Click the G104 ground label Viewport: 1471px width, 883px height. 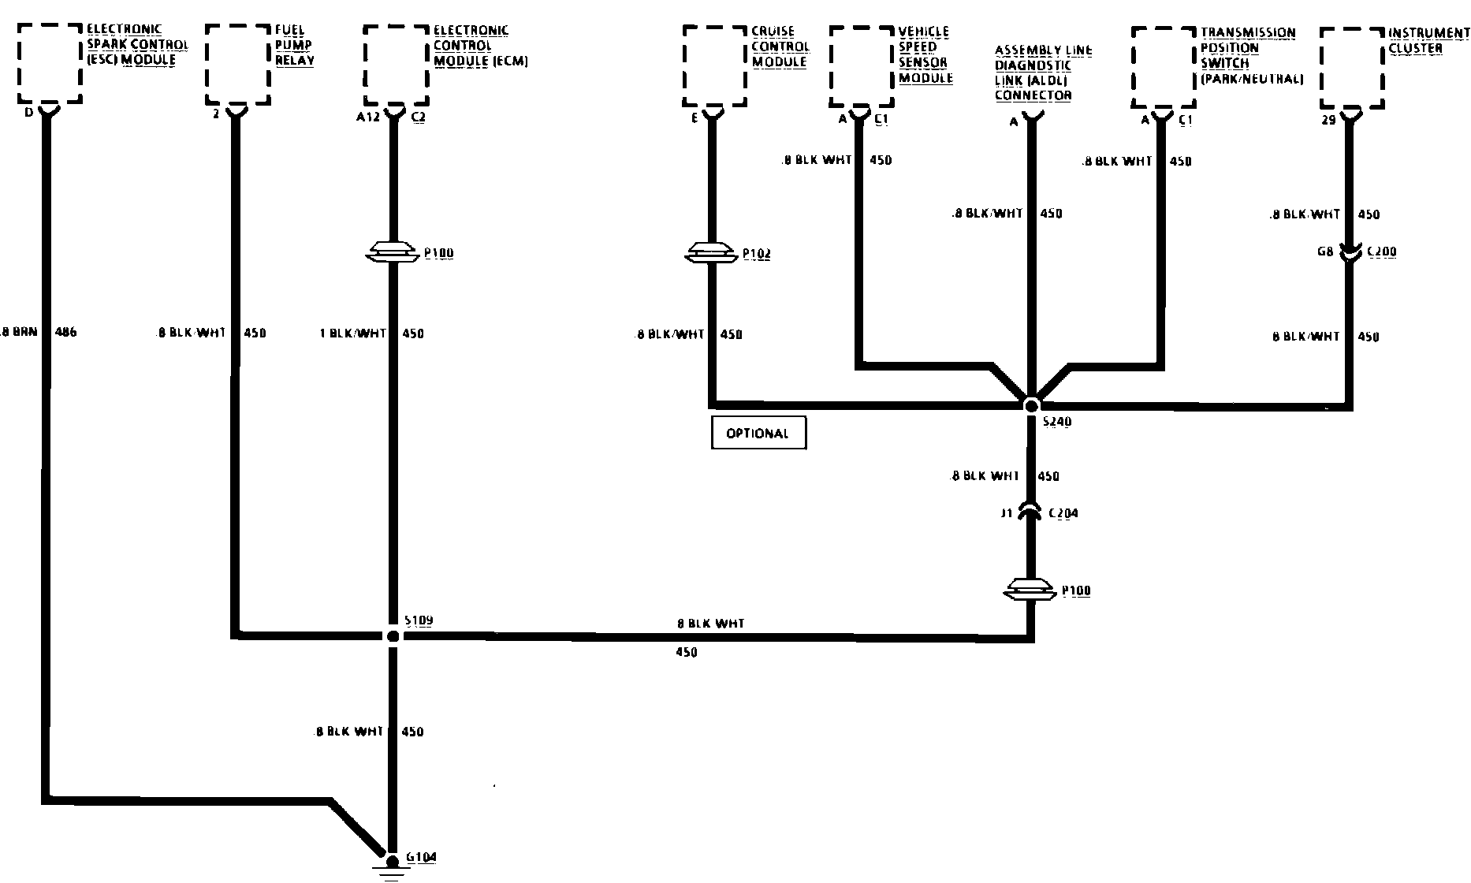421,858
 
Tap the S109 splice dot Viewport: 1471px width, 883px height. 393,635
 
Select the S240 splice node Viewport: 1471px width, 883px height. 1031,405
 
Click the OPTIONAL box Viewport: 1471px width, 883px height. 758,433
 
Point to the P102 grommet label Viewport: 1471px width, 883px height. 757,254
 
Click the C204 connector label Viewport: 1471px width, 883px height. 1063,513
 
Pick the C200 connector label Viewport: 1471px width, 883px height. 1381,252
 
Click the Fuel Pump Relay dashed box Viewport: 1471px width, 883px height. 238,65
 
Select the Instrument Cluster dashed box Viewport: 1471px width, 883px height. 1352,69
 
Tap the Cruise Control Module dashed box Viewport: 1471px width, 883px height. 714,65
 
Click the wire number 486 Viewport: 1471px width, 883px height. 65,333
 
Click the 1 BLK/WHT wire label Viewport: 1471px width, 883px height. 352,333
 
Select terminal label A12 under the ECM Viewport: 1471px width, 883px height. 368,117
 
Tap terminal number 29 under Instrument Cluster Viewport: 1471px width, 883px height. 1328,120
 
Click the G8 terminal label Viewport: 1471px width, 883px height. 1324,252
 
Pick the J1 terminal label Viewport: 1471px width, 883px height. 1006,513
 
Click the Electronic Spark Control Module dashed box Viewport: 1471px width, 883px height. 50,63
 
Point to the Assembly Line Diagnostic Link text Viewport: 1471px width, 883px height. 1043,73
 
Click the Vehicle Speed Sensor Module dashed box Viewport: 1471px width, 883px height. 862,66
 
